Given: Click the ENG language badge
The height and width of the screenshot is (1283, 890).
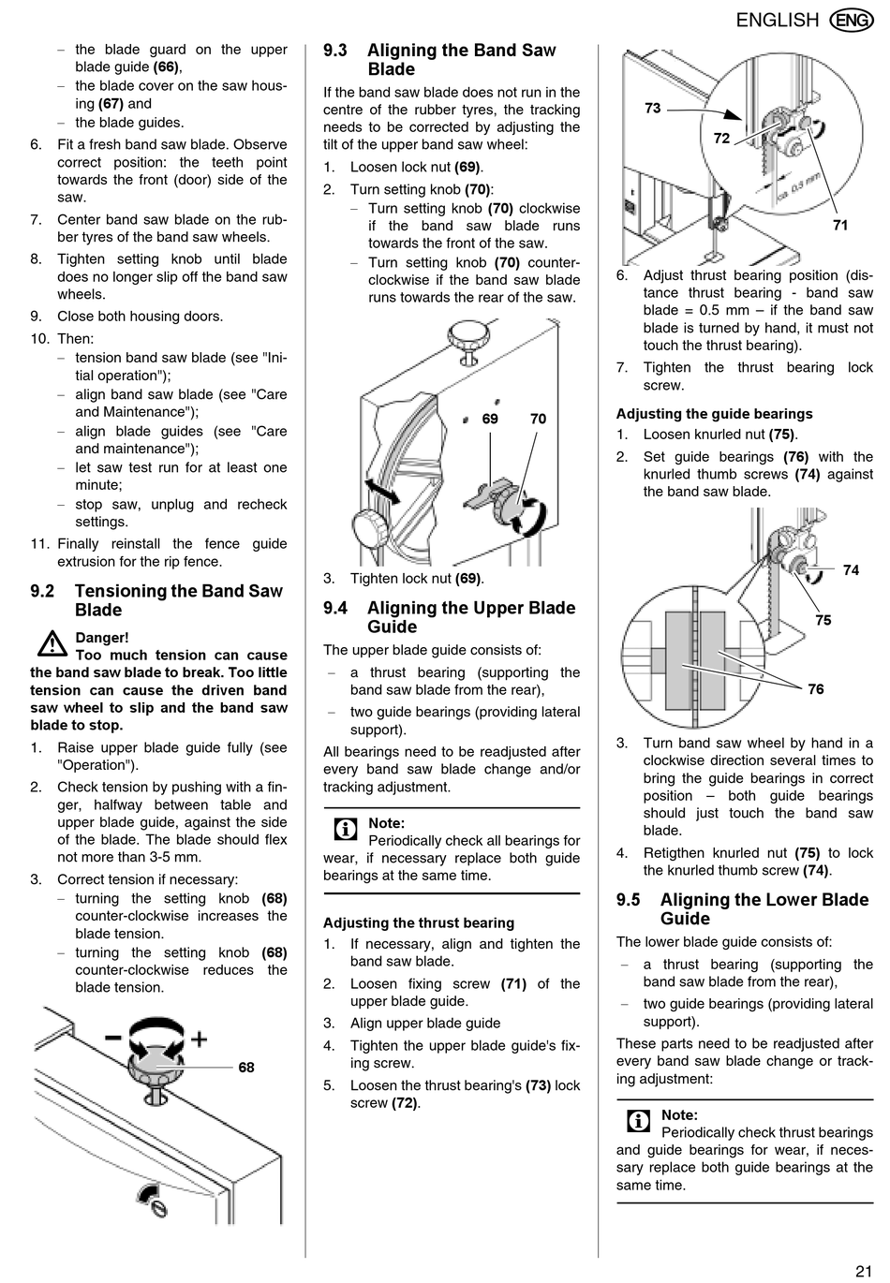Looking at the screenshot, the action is (852, 20).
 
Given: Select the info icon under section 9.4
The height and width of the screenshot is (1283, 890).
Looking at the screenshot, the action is (345, 830).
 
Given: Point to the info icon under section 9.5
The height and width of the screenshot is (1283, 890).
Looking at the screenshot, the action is (638, 1121).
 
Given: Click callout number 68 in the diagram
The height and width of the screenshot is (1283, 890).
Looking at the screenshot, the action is (246, 1068).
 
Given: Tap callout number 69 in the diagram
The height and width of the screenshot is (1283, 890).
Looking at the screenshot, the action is (490, 419).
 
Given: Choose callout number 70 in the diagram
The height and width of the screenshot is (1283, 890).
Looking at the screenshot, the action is (538, 419).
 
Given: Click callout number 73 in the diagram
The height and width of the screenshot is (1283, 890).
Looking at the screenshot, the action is (652, 109).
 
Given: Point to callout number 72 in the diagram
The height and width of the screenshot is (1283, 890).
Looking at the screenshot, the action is (720, 139).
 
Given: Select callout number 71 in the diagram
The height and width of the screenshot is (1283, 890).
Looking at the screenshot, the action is (839, 225).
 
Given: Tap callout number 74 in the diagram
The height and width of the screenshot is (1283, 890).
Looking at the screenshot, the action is (851, 569).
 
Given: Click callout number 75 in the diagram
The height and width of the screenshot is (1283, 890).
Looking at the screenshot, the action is (823, 620).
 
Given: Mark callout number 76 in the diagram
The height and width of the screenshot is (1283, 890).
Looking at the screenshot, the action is (816, 689).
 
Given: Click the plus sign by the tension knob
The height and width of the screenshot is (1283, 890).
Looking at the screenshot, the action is (199, 1039).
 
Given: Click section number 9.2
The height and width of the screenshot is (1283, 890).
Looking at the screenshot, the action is (42, 591).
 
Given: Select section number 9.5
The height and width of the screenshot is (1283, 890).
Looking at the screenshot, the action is (628, 900).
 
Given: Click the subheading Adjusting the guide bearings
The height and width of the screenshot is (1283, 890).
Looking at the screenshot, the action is (714, 414).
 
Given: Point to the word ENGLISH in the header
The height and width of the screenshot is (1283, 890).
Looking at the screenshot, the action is (777, 20).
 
